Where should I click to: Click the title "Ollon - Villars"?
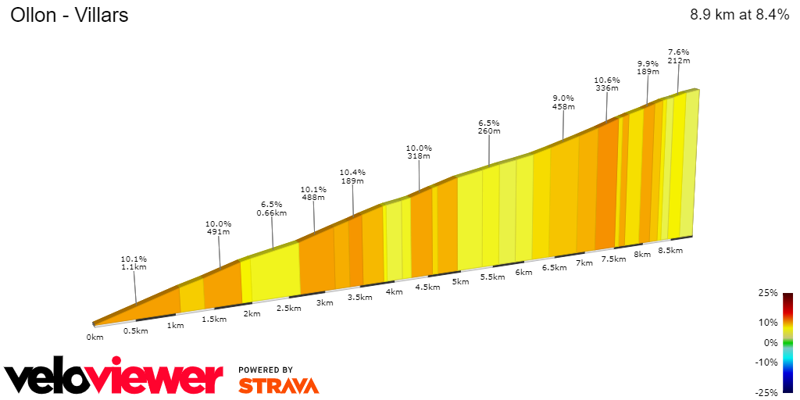70,16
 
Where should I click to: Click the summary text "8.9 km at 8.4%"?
739,16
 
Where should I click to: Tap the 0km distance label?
95,337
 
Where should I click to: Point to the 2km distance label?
252,314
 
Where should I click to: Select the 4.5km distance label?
427,287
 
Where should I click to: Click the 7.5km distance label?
613,259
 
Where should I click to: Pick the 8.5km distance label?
670,251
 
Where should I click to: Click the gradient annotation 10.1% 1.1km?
134,262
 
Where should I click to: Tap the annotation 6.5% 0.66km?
273,208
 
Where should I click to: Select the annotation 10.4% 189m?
352,177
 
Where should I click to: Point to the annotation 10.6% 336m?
607,84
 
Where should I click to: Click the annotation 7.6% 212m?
679,56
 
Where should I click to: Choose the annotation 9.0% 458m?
563,102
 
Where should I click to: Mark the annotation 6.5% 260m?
489,127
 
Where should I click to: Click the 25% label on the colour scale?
769,293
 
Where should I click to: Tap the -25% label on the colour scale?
767,392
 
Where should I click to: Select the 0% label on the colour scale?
770,342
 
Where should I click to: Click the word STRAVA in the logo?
278,386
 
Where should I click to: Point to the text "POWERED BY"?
266,370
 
